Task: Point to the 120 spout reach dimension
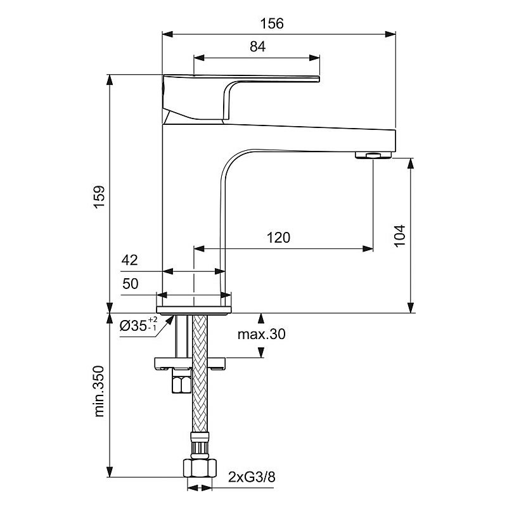(x=278, y=238)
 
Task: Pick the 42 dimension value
(x=129, y=260)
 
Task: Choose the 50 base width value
(x=129, y=284)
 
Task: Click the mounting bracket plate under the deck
(x=190, y=363)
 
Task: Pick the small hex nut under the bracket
(x=179, y=384)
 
